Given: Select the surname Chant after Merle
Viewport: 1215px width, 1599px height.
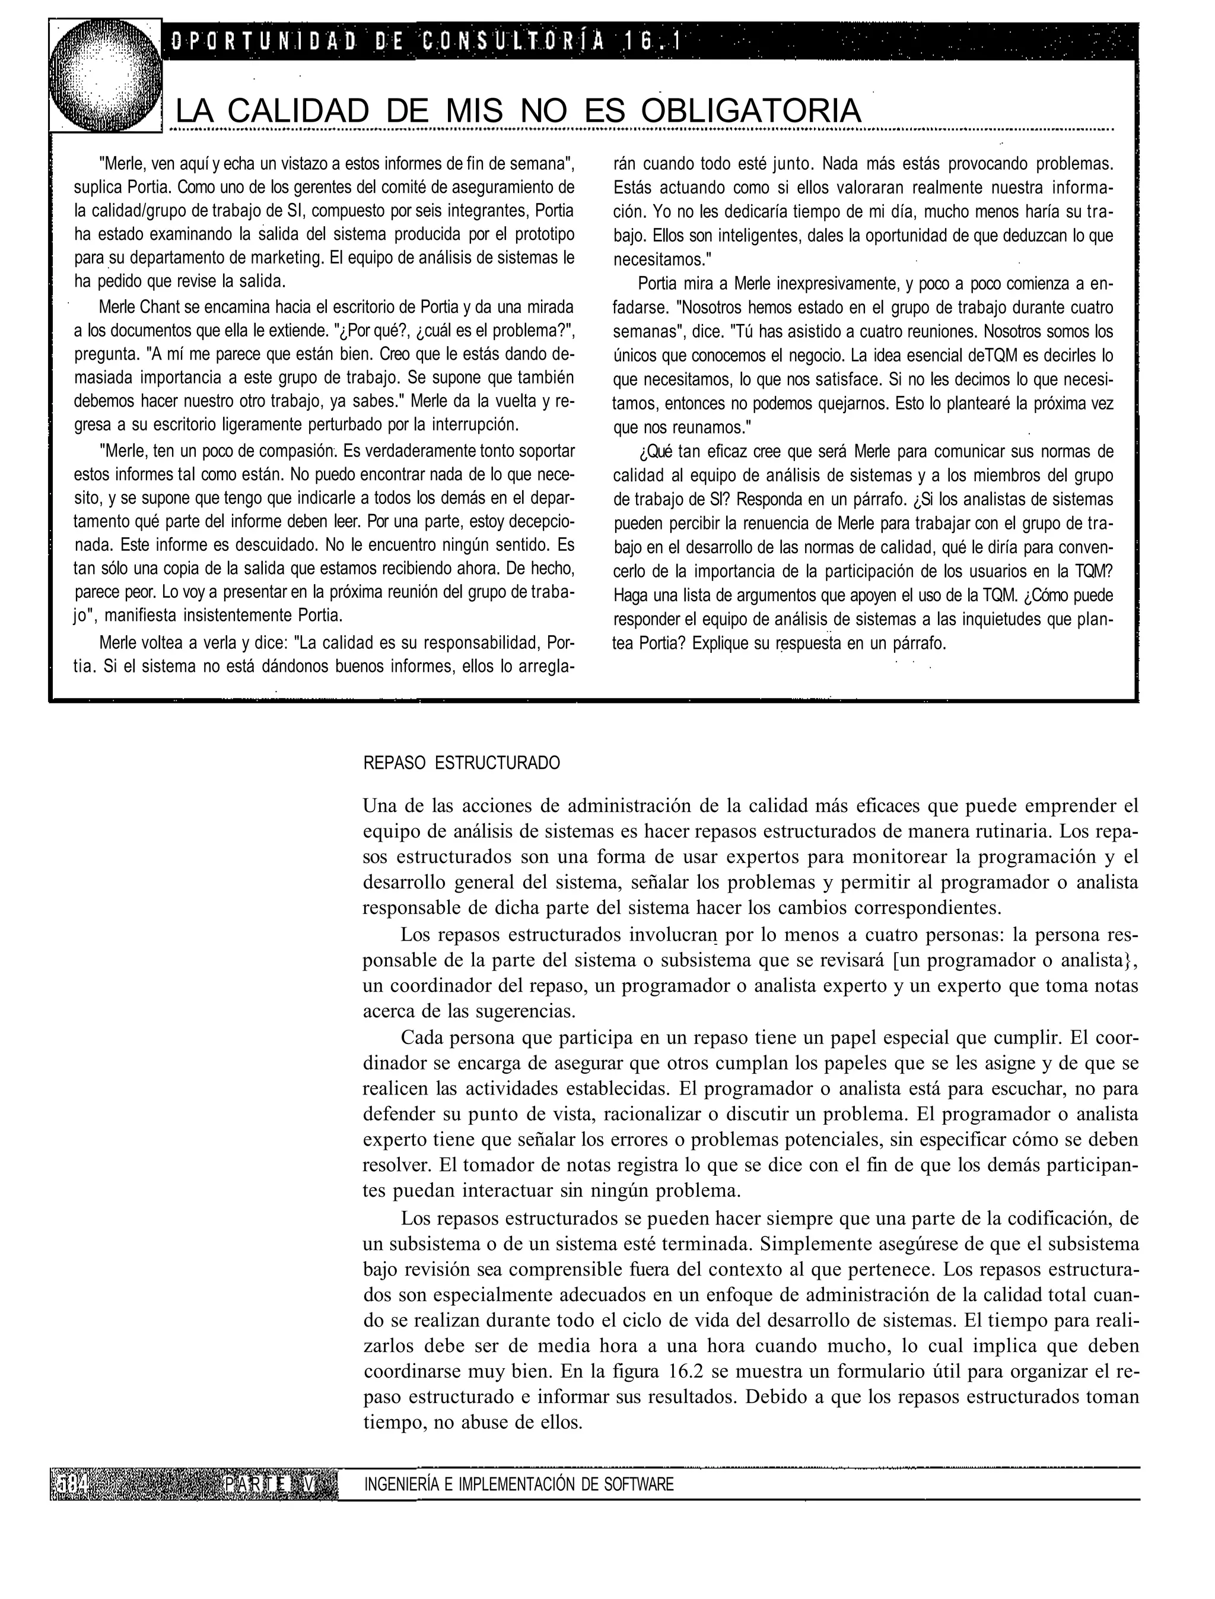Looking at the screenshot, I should coord(165,307).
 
